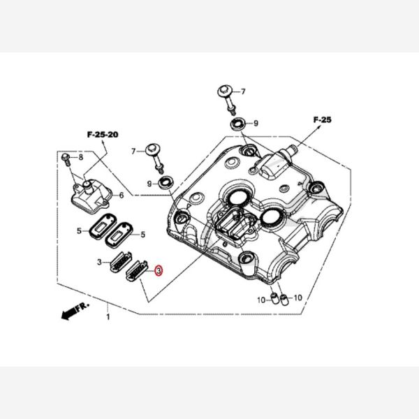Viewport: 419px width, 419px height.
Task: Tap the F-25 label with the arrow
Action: coord(321,120)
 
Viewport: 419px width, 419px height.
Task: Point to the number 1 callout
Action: coord(108,316)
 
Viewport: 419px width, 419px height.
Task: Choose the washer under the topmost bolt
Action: coord(238,124)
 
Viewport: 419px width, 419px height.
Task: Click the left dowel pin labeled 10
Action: coord(273,300)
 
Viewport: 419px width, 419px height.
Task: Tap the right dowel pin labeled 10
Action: coord(284,300)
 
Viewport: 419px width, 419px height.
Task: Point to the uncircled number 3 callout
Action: coord(100,262)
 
